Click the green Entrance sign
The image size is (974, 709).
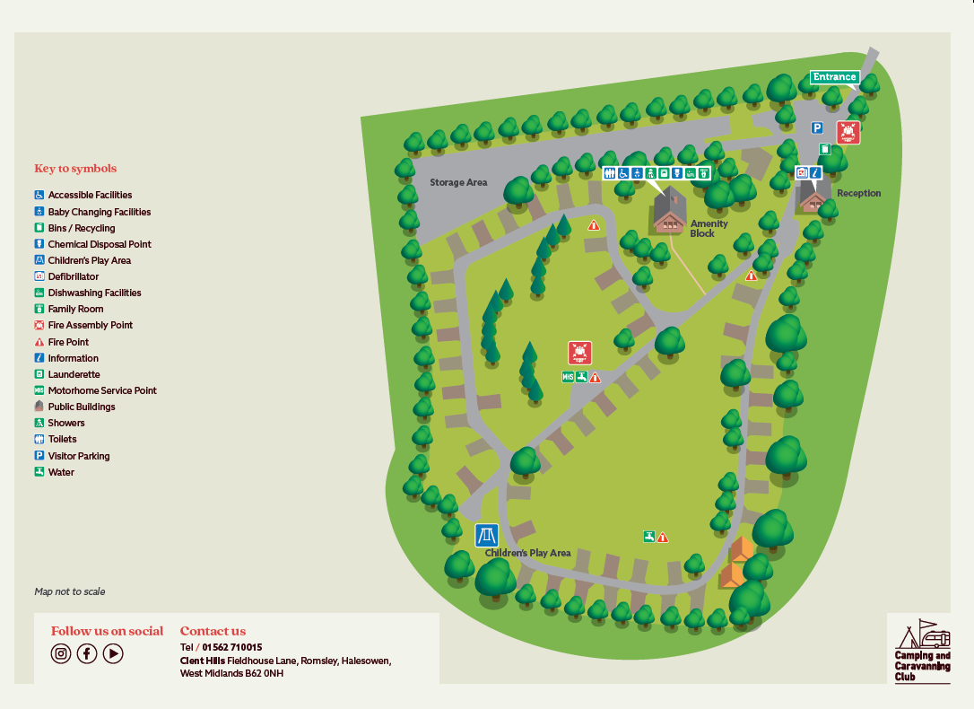point(834,77)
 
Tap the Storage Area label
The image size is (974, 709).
point(458,183)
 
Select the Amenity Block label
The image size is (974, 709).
point(709,229)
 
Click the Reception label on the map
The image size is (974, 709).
point(858,194)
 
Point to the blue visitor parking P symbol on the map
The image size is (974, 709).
point(817,128)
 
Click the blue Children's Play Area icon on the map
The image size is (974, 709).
point(486,536)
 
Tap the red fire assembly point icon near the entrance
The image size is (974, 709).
point(848,132)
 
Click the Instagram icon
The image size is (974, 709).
point(61,653)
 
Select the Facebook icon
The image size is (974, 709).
point(87,653)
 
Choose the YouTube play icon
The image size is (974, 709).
point(113,653)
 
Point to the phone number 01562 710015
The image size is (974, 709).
point(232,647)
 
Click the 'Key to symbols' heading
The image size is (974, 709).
point(75,169)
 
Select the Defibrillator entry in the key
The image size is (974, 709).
point(74,276)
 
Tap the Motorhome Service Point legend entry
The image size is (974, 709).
point(102,390)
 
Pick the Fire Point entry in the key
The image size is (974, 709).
point(68,342)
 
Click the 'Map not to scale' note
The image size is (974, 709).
point(70,591)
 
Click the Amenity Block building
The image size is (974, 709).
point(669,213)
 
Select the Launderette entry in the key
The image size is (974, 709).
point(74,374)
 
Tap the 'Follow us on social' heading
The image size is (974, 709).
point(107,631)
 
